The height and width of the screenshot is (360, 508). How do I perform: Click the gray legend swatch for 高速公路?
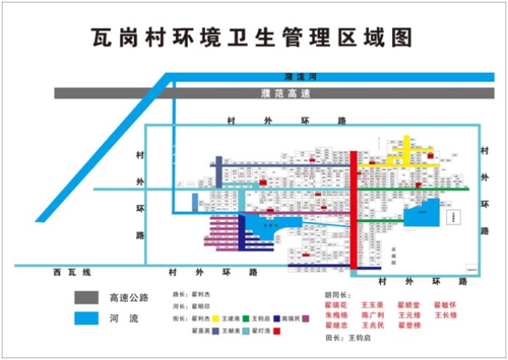click(86, 298)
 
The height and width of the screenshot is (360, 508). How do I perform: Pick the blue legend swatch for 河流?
click(86, 319)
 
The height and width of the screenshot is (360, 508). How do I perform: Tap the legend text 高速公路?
click(128, 298)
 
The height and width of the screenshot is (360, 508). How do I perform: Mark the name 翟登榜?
click(409, 324)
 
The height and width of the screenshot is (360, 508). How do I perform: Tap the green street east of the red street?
click(415, 189)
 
